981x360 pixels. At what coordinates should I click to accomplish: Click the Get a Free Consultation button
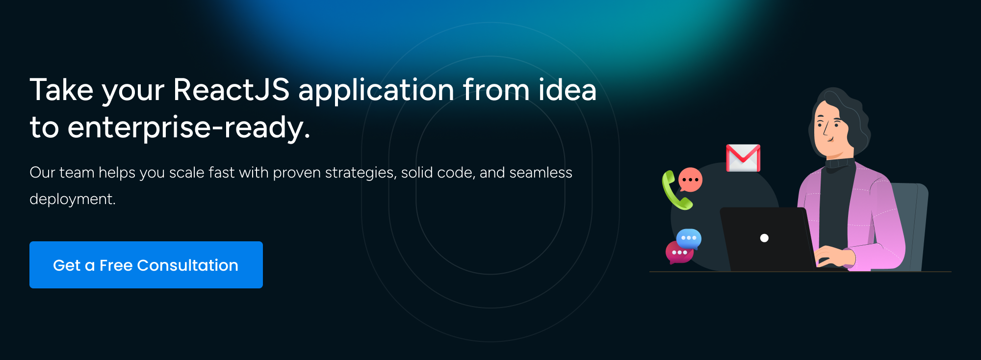point(146,265)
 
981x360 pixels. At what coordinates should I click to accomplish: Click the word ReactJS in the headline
point(231,90)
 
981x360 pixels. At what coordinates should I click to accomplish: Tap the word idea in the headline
point(568,90)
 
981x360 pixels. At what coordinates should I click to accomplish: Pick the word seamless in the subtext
point(541,173)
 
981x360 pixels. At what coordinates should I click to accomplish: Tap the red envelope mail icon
point(743,158)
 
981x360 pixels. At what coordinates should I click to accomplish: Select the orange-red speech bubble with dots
point(690,180)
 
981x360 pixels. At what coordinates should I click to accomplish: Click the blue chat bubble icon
point(689,238)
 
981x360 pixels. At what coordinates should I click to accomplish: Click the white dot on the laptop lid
point(764,238)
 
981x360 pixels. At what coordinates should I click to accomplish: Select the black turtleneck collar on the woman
point(840,163)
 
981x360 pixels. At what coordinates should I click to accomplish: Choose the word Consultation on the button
point(188,265)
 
